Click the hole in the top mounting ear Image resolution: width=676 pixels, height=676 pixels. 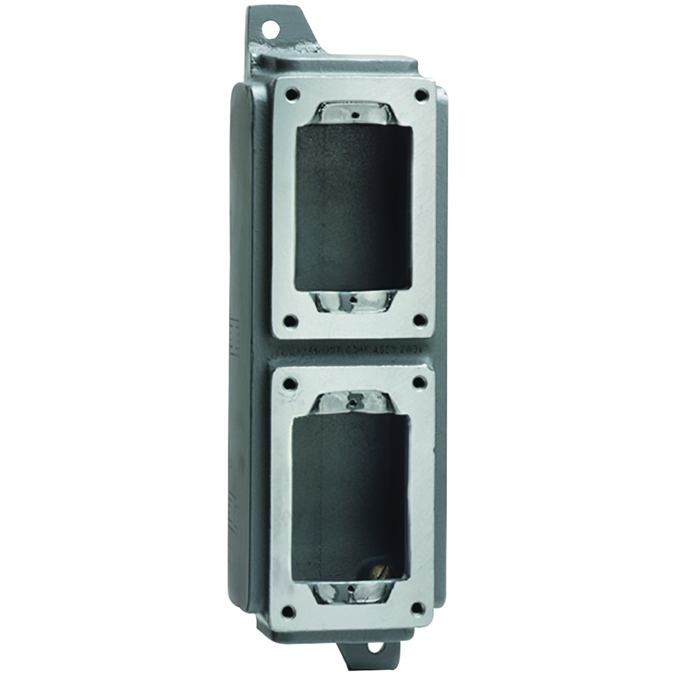[269, 28]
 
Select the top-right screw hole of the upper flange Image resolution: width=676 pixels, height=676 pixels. [421, 95]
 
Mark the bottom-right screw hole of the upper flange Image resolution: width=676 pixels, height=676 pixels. [419, 321]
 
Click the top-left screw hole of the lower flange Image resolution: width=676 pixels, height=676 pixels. [288, 383]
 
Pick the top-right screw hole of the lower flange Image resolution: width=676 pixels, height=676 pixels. [419, 382]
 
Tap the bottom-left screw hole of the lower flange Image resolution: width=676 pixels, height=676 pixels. [288, 611]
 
